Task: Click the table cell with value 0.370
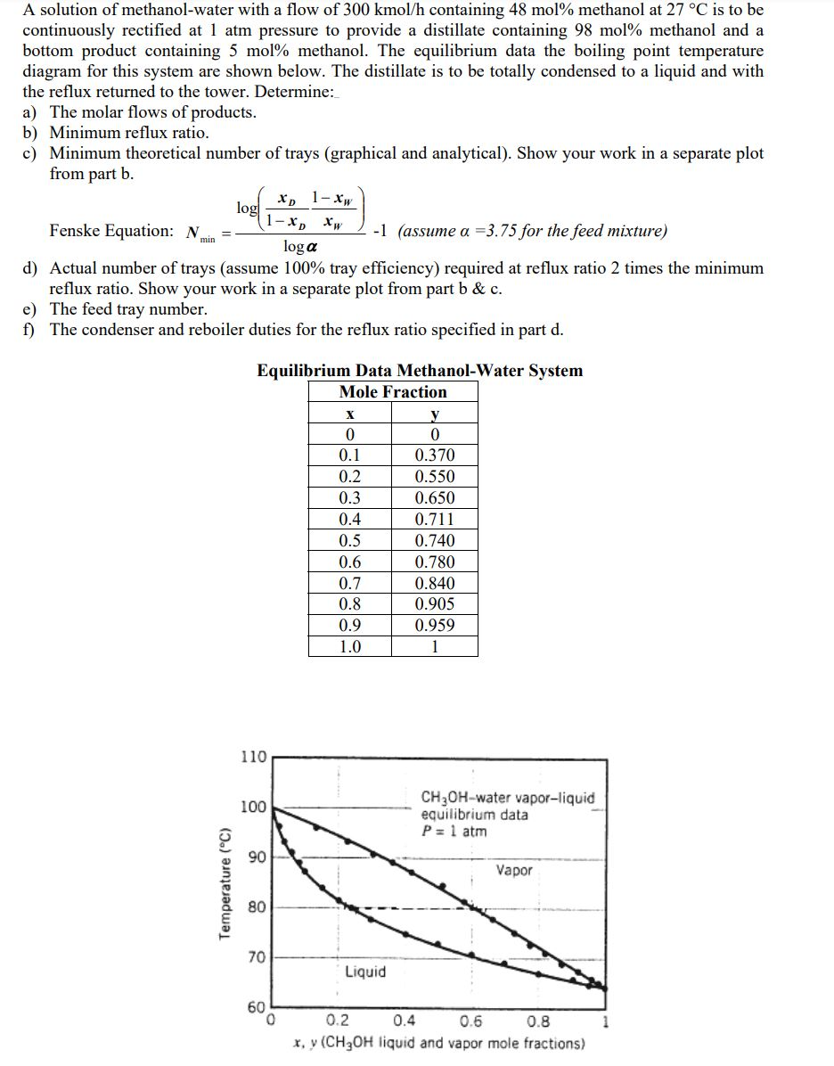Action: (x=435, y=455)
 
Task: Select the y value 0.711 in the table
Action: (x=435, y=520)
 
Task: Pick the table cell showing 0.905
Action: (x=435, y=604)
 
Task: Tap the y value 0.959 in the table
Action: (x=435, y=626)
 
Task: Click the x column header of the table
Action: (x=350, y=414)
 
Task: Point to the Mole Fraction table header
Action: (x=393, y=392)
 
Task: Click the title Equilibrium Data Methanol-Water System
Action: (x=420, y=371)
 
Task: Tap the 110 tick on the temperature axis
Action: (x=254, y=757)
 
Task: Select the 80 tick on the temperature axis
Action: (x=257, y=907)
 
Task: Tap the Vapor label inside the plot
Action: (x=514, y=870)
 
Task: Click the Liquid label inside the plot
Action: (x=365, y=972)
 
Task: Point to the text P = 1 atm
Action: (x=454, y=831)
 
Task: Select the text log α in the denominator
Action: (x=300, y=246)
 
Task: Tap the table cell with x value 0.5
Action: (x=350, y=541)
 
